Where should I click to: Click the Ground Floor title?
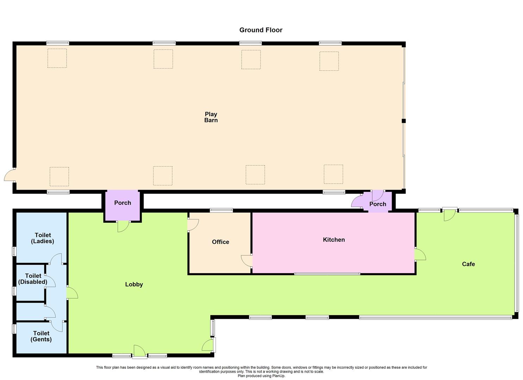tap(261, 30)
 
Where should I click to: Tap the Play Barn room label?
tap(211, 117)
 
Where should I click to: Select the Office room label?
tap(220, 242)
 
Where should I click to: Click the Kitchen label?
tap(334, 240)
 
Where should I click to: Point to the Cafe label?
tap(468, 264)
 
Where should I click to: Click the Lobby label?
tap(134, 284)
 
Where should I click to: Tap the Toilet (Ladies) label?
tap(43, 238)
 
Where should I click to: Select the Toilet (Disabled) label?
tap(33, 279)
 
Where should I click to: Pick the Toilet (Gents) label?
tap(41, 336)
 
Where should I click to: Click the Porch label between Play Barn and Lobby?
tap(123, 203)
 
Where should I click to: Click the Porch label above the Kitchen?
tap(378, 204)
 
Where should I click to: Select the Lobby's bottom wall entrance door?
tap(139, 351)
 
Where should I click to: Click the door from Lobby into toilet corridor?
tap(71, 293)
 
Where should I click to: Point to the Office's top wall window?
tap(221, 210)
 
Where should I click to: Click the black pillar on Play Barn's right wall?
tap(404, 121)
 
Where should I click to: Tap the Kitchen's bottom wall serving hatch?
tap(327, 273)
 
